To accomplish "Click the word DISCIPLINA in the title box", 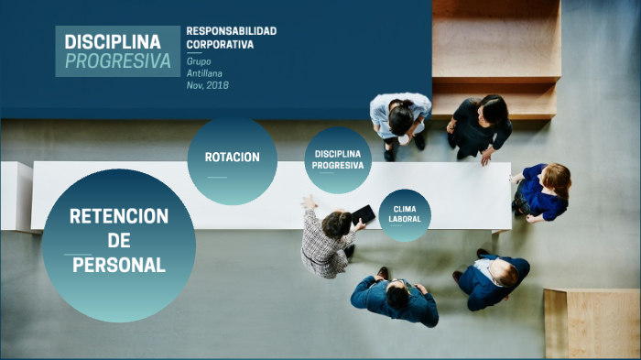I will click(x=112, y=41).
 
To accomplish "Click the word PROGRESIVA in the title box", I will click(x=117, y=61).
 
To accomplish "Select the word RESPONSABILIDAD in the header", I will click(x=231, y=31).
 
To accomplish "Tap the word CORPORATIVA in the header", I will click(x=220, y=44).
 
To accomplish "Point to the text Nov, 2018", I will click(x=207, y=85).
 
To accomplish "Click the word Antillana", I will click(x=205, y=73).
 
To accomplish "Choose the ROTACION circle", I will click(x=232, y=158).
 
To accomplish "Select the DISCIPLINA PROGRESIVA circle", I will click(x=337, y=160).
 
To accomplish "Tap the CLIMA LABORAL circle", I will click(x=404, y=214).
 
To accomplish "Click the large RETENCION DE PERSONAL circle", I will click(x=118, y=244).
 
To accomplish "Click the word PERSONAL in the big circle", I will click(x=119, y=266).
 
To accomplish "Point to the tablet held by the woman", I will click(x=363, y=214).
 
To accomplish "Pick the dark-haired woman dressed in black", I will click(x=481, y=125).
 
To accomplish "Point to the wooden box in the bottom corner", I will click(x=592, y=322).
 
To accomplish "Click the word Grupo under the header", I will click(x=198, y=60).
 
